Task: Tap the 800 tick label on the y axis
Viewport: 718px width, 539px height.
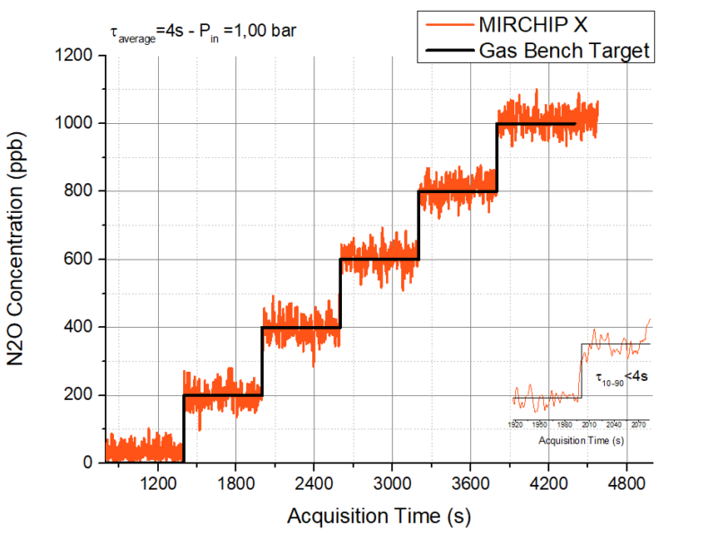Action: [x=79, y=191]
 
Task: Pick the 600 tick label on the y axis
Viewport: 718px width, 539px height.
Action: [x=79, y=260]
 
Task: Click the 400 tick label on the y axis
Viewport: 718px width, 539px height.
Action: [x=79, y=327]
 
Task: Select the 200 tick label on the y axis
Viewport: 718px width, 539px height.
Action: [x=79, y=395]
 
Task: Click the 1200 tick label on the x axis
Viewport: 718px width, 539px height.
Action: [x=157, y=482]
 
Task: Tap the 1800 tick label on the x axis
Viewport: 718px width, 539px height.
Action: [x=235, y=482]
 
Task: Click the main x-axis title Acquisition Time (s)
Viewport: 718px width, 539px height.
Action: [x=378, y=517]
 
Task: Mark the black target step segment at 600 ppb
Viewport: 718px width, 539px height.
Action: [x=379, y=260]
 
